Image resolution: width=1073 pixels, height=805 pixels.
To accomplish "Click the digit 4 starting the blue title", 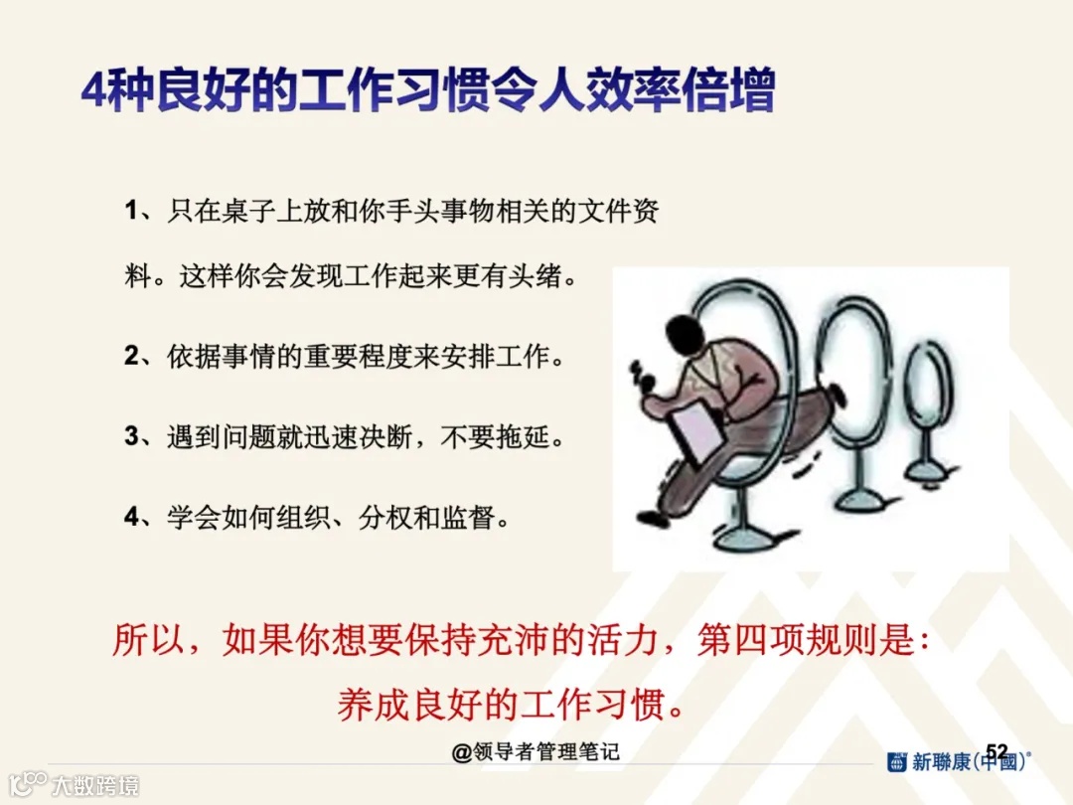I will point(92,93).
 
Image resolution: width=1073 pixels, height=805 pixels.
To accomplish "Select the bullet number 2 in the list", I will point(131,356).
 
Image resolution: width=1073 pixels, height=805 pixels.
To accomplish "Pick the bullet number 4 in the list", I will point(131,516).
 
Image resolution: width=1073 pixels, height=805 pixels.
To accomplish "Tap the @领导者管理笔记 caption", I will point(536,752).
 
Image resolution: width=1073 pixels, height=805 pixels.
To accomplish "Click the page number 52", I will point(996,750).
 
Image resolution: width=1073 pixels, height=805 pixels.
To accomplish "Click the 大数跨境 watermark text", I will point(95,785).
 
